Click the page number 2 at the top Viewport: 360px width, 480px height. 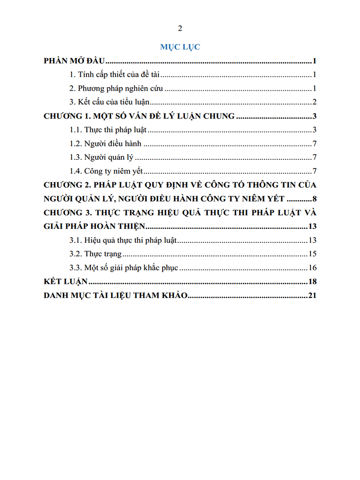(180, 28)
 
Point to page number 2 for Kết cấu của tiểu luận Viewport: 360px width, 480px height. (314, 102)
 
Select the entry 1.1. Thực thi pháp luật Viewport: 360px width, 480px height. (108, 130)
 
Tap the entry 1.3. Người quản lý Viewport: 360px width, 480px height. (101, 157)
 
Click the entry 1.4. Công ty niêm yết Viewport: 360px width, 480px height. (107, 171)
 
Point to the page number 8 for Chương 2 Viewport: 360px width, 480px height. (314, 199)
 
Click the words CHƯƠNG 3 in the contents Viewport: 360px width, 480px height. (64, 213)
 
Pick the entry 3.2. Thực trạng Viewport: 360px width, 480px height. (96, 254)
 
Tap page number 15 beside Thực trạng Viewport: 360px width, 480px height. (312, 254)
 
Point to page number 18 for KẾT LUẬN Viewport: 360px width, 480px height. (312, 282)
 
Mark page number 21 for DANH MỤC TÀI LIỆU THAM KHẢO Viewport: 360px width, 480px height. (312, 295)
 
